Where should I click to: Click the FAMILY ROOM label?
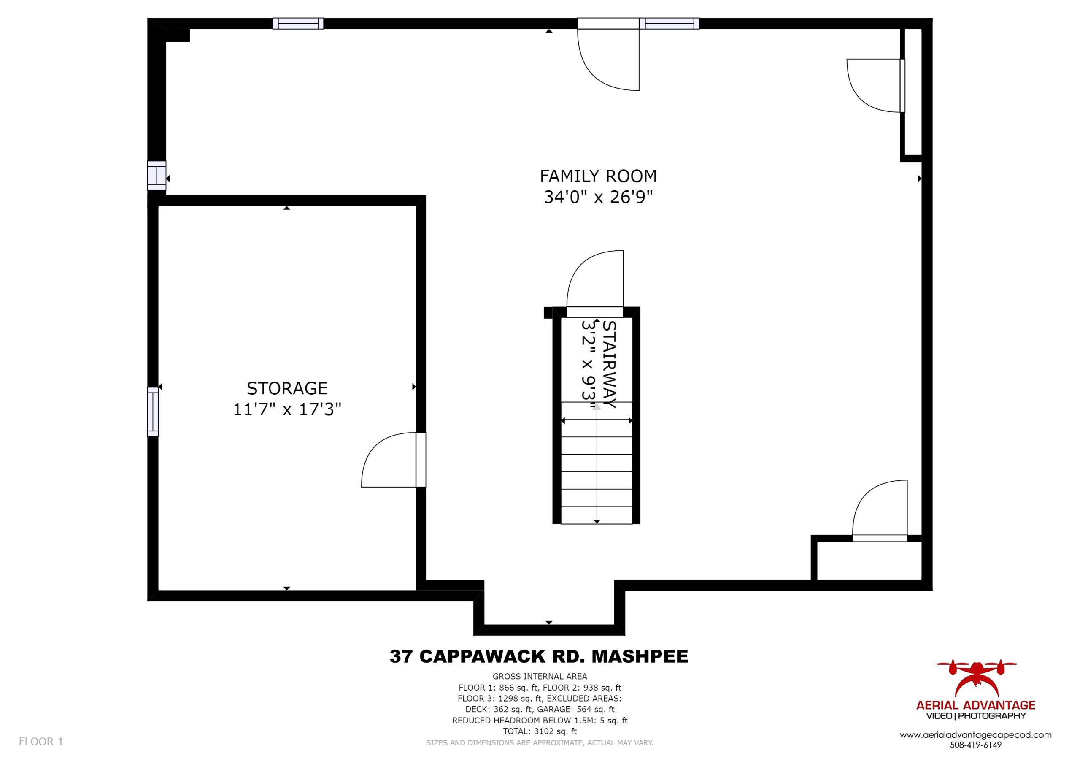pos(598,176)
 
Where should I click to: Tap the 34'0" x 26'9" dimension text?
pos(598,197)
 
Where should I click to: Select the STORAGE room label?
pos(287,388)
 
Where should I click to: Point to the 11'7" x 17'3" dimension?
pos(287,409)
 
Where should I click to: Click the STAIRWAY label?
pos(609,364)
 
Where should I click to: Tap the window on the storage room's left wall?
pos(153,412)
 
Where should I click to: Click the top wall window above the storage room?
pos(298,24)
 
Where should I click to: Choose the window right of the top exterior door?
pos(670,24)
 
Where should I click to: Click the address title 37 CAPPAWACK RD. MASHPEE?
pos(539,656)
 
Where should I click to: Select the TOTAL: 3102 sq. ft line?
pos(540,731)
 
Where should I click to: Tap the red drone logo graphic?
pos(976,678)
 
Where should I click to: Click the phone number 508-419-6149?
pos(975,745)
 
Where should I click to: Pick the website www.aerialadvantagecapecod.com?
pos(975,735)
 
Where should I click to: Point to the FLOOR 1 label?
pos(41,742)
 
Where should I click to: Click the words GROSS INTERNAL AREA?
pos(540,677)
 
